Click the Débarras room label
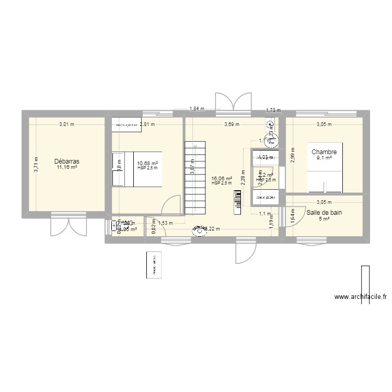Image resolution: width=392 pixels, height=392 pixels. (66, 162)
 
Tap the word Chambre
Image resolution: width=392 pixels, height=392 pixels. (324, 153)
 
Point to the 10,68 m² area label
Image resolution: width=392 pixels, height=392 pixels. (147, 164)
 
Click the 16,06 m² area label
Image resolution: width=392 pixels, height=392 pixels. (222, 178)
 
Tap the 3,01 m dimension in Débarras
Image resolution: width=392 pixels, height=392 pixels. (66, 124)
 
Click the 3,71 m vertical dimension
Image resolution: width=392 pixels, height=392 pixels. (36, 165)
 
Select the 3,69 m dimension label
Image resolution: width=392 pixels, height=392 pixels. (232, 124)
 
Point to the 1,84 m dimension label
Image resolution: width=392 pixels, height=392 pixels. (197, 109)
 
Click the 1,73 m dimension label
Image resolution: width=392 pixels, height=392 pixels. (273, 110)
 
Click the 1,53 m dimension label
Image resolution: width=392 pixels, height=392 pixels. (165, 223)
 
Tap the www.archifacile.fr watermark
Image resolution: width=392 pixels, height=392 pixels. (361, 297)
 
